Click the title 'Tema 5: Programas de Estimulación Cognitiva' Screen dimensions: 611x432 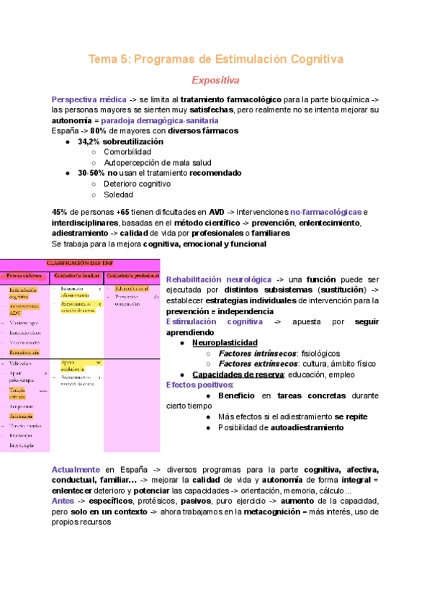[x=215, y=58]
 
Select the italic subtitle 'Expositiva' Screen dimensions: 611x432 [x=215, y=80]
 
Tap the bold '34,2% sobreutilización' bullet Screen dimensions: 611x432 [x=120, y=142]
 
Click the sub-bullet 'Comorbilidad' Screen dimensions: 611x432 [x=127, y=152]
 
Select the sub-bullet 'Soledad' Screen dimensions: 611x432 [x=119, y=195]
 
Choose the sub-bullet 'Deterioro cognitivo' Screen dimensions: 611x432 [x=137, y=184]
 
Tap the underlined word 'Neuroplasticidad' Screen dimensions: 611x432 [x=224, y=343]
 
